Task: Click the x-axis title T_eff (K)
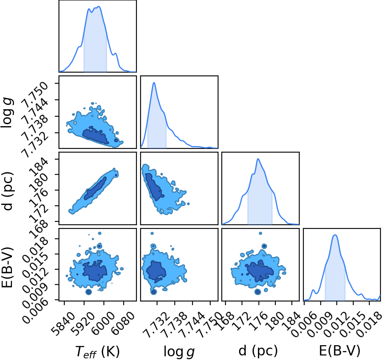(97, 351)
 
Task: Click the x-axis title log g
(179, 352)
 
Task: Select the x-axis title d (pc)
(258, 351)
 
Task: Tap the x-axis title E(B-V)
(340, 351)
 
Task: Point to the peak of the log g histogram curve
(154, 82)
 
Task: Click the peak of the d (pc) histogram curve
(258, 159)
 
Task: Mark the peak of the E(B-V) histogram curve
(335, 235)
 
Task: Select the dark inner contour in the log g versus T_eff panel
(95, 135)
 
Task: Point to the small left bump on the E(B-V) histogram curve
(313, 290)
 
